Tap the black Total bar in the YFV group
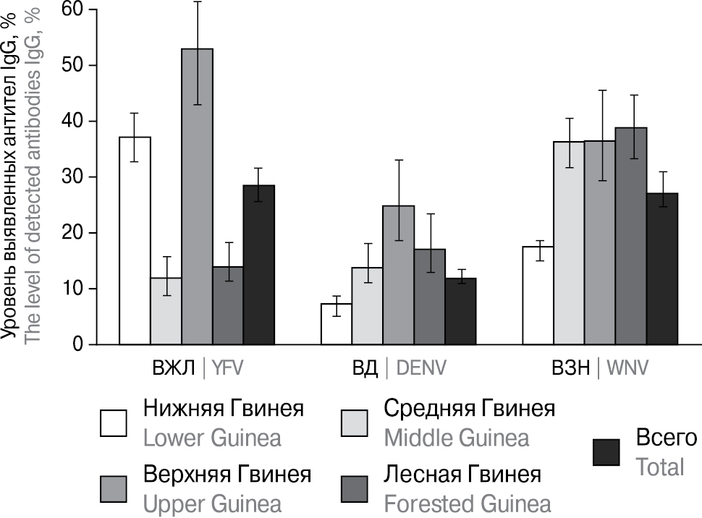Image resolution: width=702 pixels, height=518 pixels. pos(258,265)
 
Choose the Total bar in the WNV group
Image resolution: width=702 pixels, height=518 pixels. pos(662,268)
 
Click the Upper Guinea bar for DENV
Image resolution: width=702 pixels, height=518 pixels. pos(398,275)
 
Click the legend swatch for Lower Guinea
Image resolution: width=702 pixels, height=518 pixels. pos(114,423)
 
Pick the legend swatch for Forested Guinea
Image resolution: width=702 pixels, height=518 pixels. pos(354,489)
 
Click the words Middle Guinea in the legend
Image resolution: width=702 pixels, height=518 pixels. pos(457,438)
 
